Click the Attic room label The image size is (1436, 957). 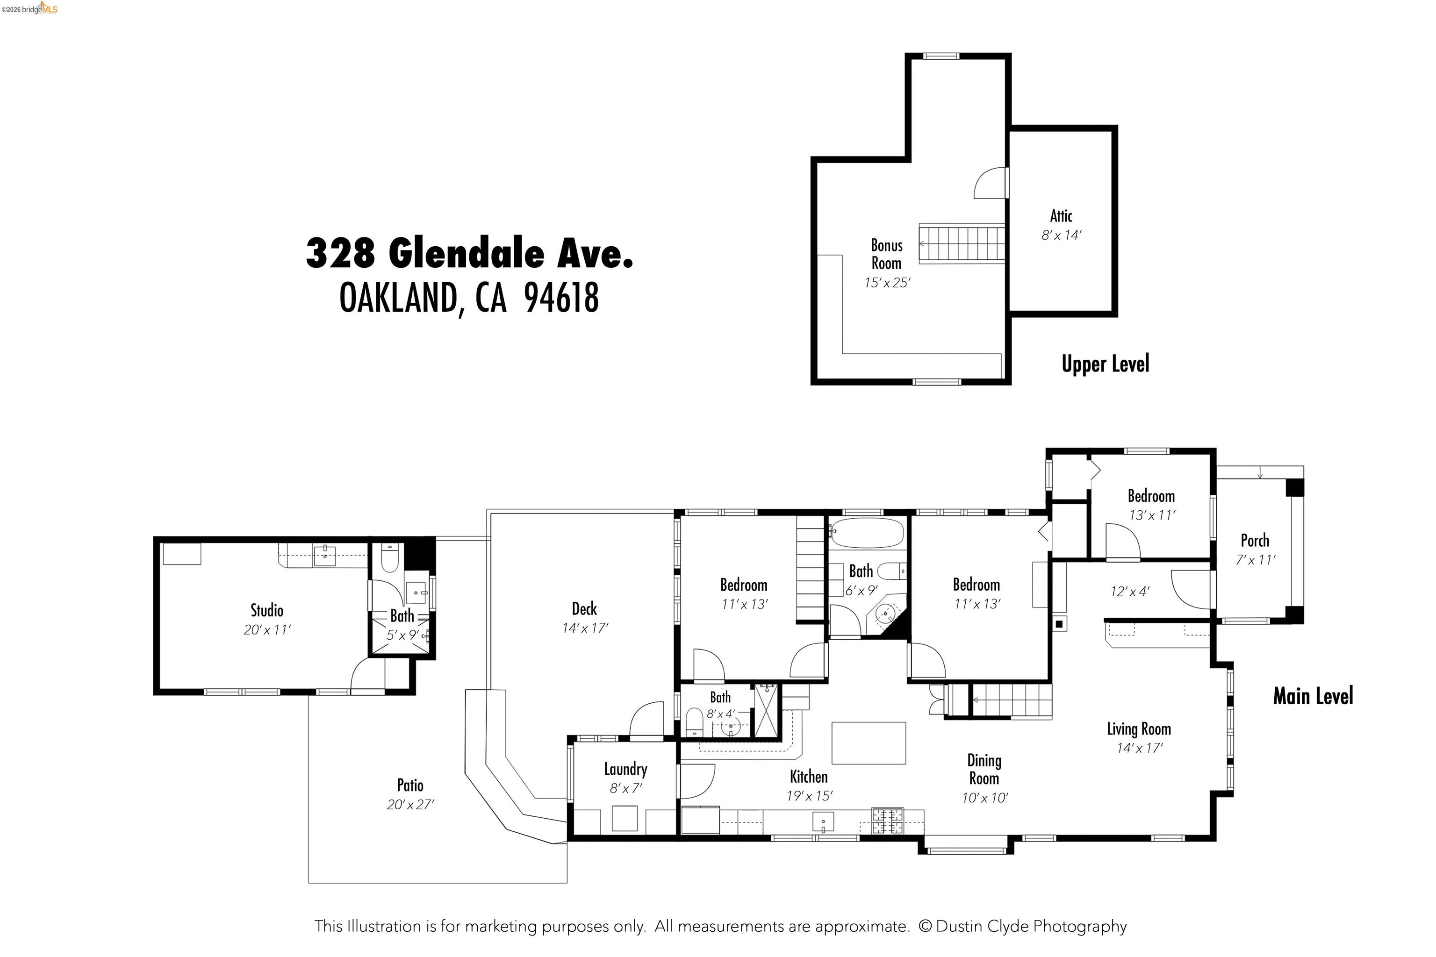[1061, 216]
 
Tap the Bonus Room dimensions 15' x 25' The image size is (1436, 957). [886, 283]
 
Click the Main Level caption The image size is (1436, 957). [1313, 696]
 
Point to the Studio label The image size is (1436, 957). [267, 610]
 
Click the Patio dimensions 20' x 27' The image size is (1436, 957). [409, 804]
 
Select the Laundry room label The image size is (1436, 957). [625, 769]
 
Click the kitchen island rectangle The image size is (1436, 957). [868, 743]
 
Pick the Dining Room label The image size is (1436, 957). [984, 769]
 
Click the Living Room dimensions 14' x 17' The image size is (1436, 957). [1139, 748]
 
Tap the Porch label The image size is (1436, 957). [1255, 541]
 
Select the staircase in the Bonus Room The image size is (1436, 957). [962, 243]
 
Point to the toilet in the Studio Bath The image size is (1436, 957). [389, 558]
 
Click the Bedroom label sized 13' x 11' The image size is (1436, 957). [1151, 496]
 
